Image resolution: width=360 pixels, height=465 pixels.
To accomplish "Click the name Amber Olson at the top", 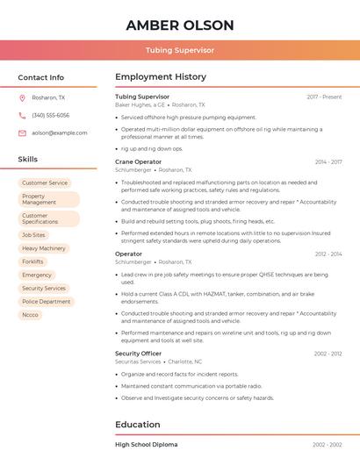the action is pos(180,25).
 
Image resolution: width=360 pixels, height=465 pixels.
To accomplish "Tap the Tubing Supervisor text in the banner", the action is pos(180,50).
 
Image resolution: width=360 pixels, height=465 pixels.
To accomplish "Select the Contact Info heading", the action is pos(40,77).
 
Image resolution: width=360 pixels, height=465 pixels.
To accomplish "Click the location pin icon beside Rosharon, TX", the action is pos(22,97).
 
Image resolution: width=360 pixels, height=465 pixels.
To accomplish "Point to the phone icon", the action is pos(22,115).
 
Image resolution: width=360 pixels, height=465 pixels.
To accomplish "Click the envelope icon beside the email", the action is pos(22,132).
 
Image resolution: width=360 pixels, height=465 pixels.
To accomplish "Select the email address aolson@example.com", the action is pos(60,132).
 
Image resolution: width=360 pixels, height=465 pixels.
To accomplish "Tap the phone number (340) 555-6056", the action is pos(51,115).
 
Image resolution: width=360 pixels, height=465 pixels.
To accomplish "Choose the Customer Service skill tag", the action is pos(45,182).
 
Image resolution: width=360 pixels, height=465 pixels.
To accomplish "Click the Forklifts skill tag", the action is pos(32,261).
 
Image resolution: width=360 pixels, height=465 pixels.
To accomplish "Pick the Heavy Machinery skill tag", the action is pos(44,248).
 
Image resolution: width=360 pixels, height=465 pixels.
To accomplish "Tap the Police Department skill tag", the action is pos(46,301).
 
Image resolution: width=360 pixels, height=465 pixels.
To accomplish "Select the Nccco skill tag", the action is pos(31,314).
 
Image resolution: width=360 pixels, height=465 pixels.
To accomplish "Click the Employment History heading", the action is pos(161,77).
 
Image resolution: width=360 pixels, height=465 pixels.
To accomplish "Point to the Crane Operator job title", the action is pos(138,161).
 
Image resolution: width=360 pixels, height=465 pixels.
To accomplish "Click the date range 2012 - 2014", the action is pos(328,254).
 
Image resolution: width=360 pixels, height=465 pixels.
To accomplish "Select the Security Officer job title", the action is pos(138,354).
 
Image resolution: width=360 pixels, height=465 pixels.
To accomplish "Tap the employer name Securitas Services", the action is pos(138,361).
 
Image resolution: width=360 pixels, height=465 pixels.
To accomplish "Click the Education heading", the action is pos(138,425).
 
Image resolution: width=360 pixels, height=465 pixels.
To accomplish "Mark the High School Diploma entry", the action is pos(146,445).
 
